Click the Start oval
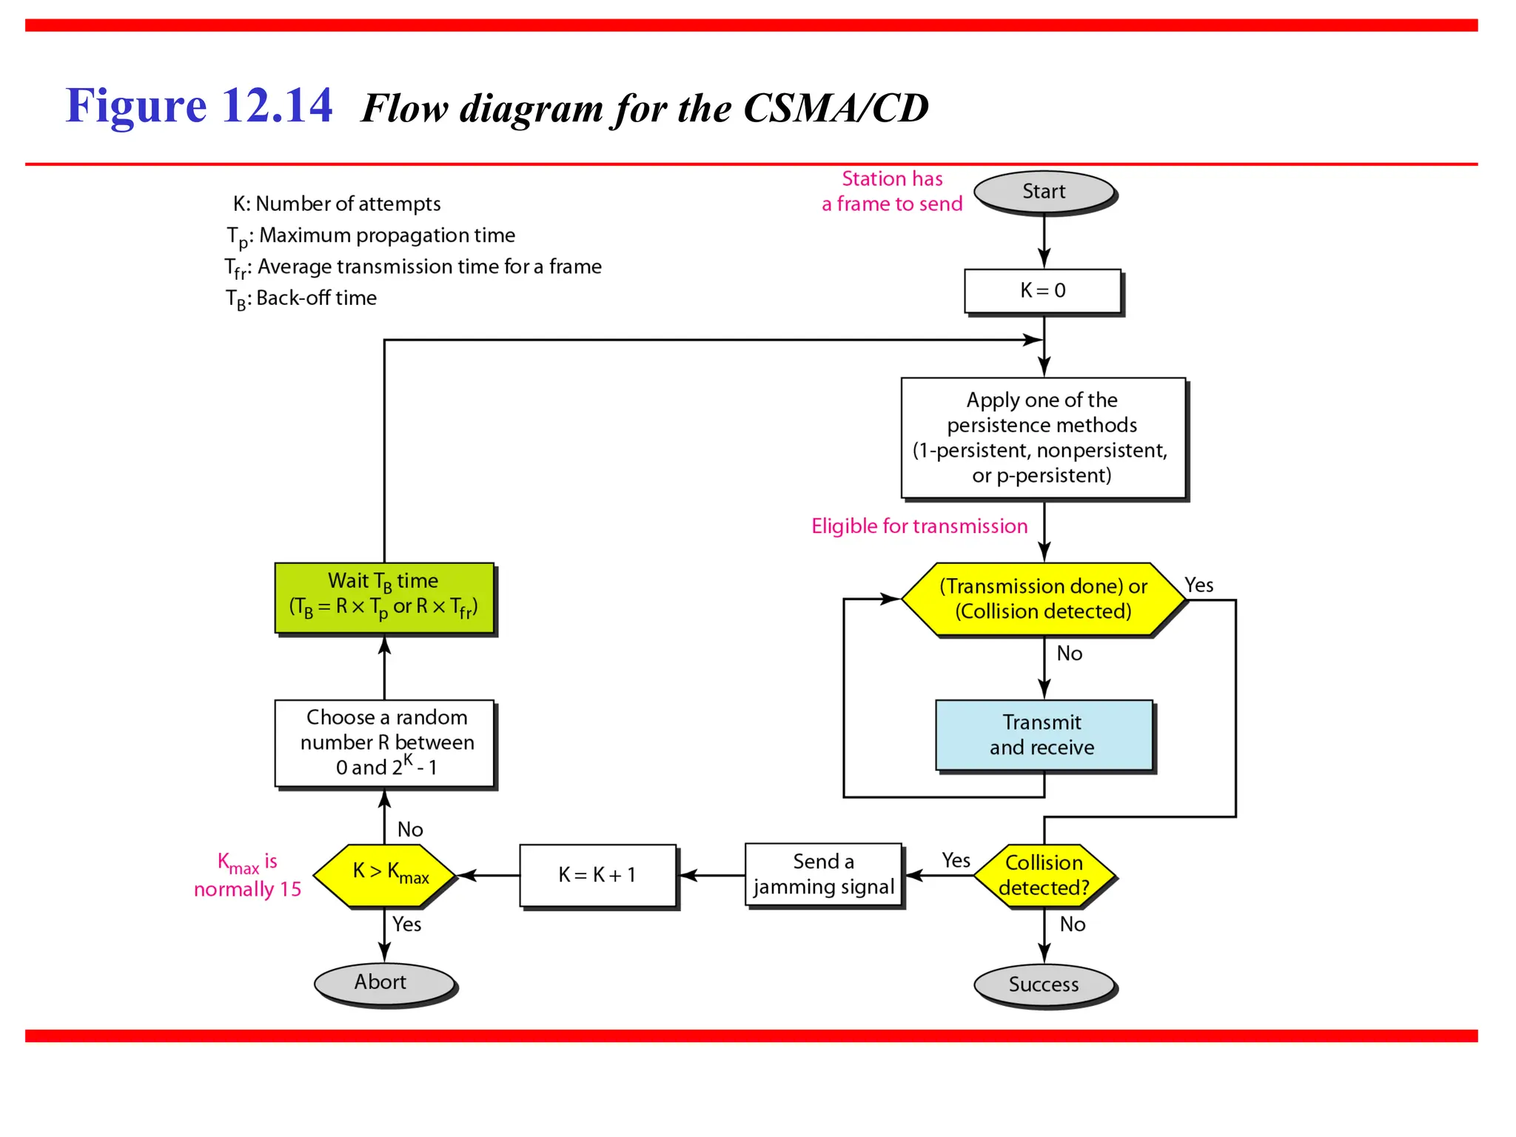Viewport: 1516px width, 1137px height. [1044, 192]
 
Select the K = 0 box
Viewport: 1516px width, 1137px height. [1042, 291]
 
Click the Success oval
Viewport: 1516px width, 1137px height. [1044, 985]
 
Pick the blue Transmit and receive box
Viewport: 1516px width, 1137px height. [1044, 735]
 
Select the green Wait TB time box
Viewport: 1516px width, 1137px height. [383, 597]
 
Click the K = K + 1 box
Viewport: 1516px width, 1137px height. [597, 875]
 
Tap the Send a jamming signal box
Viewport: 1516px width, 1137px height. [823, 875]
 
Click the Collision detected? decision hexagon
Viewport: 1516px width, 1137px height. [1044, 875]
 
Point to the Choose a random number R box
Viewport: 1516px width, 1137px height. [385, 742]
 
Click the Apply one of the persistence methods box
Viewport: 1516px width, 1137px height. [1042, 438]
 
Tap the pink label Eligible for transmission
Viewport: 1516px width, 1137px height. [919, 526]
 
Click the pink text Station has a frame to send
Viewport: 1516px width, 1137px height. [892, 192]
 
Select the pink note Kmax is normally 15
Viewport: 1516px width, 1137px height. [248, 876]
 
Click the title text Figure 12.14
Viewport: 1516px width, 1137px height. [199, 106]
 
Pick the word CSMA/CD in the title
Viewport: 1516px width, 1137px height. [836, 109]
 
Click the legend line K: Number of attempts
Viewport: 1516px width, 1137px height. [337, 204]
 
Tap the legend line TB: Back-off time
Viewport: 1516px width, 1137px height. [301, 298]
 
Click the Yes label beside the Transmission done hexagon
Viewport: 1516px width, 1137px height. [1198, 586]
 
